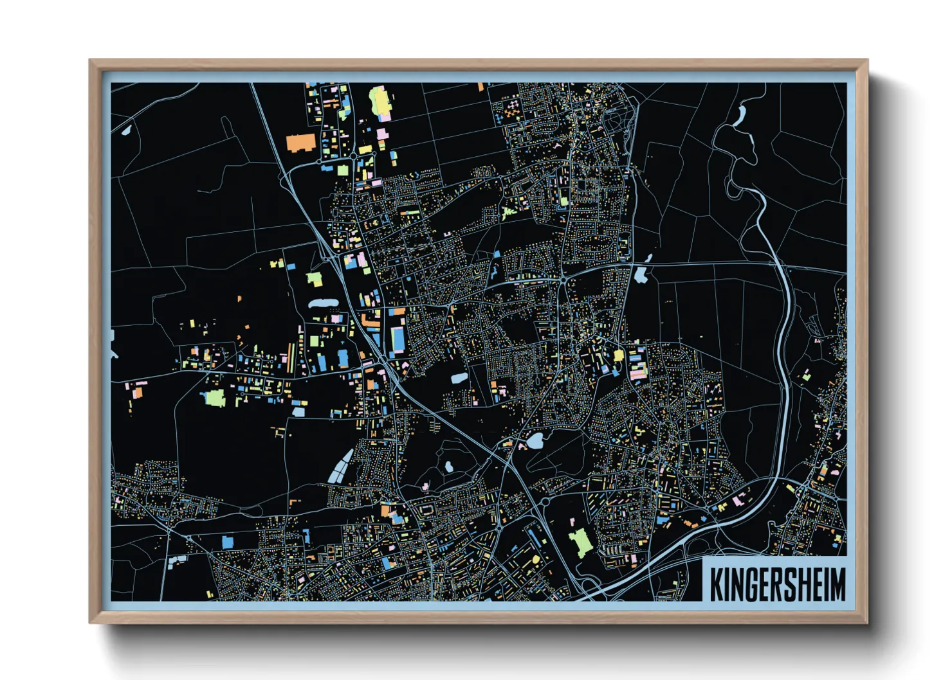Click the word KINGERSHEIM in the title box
(778, 584)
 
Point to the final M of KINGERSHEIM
(838, 584)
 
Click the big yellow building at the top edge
(380, 102)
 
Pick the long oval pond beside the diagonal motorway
(323, 303)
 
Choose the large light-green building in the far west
(214, 398)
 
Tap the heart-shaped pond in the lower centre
(535, 442)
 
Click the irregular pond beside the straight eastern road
(640, 275)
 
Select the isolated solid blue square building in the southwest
(227, 542)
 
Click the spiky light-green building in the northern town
(508, 213)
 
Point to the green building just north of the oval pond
(314, 279)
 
